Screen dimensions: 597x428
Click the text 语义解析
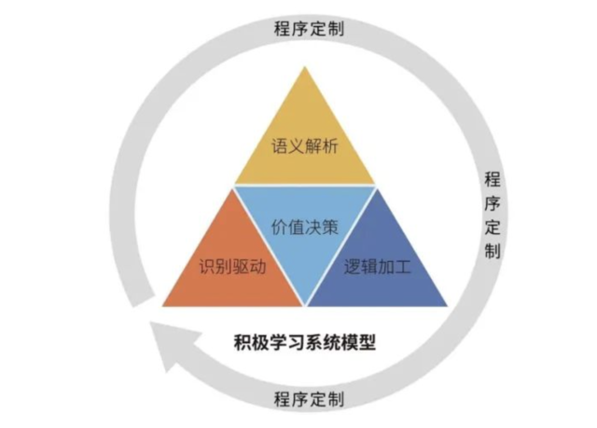pyautogui.click(x=305, y=146)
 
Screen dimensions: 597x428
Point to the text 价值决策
pyautogui.click(x=305, y=228)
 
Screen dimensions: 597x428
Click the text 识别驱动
pyautogui.click(x=232, y=267)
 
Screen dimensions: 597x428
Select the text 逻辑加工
pyautogui.click(x=377, y=267)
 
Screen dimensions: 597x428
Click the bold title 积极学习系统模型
pyautogui.click(x=305, y=341)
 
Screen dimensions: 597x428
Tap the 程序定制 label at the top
pyautogui.click(x=309, y=29)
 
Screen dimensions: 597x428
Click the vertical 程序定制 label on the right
pyautogui.click(x=493, y=215)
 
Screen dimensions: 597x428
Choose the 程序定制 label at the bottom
pyautogui.click(x=309, y=399)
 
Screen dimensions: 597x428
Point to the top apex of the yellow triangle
pyautogui.click(x=305, y=66)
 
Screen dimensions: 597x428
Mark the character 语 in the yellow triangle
pyautogui.click(x=280, y=146)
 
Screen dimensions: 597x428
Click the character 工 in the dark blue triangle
pyautogui.click(x=403, y=267)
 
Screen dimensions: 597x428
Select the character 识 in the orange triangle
pyautogui.click(x=207, y=267)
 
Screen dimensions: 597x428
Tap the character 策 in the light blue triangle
pyautogui.click(x=330, y=228)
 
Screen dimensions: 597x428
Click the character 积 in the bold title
pyautogui.click(x=243, y=341)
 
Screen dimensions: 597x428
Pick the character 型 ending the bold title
pyautogui.click(x=367, y=341)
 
